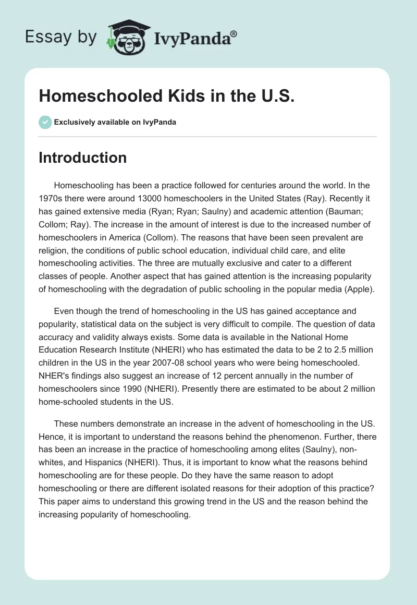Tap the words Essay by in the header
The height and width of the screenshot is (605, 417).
coord(62,37)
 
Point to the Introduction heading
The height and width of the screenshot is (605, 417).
coord(82,158)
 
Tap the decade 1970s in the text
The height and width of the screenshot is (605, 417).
coord(51,198)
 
